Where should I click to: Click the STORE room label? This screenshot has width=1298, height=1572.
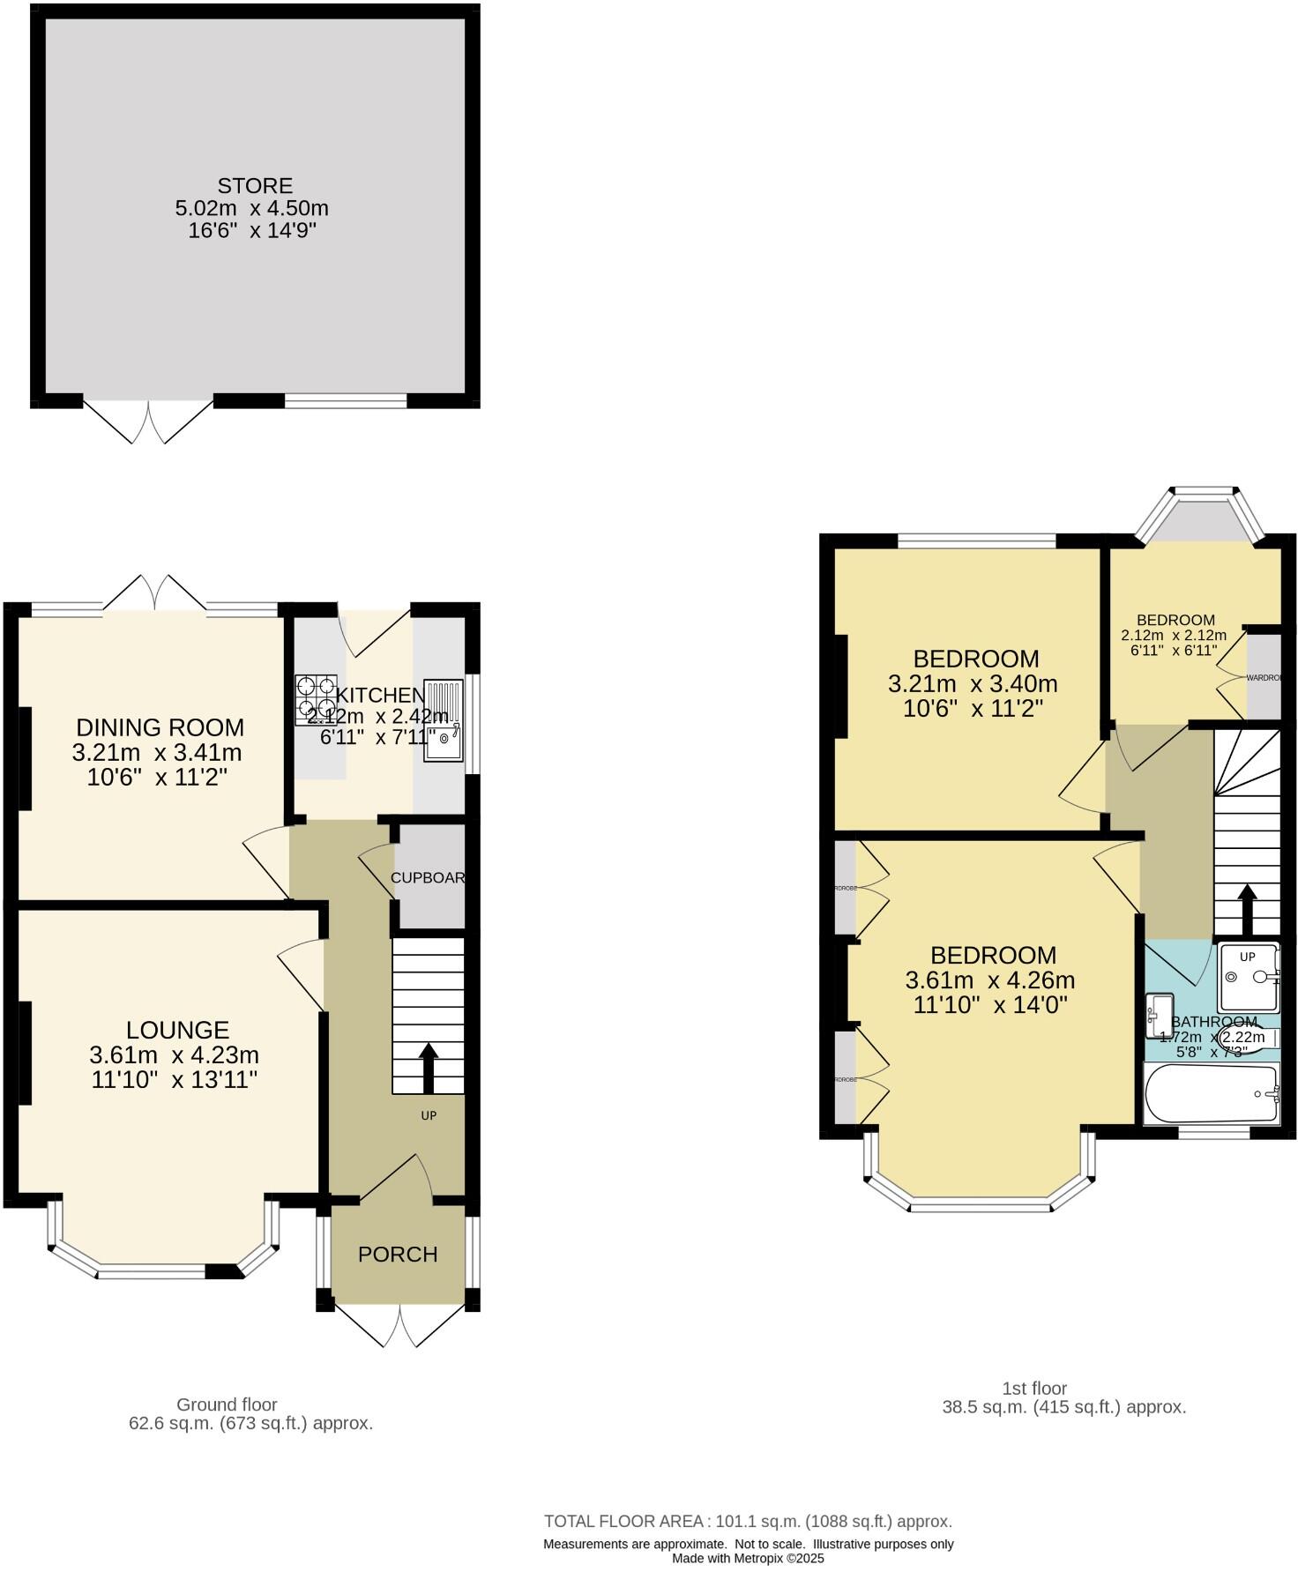[x=254, y=186]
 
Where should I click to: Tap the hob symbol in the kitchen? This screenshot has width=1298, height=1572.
[x=316, y=699]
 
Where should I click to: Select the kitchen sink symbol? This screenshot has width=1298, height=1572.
[x=444, y=719]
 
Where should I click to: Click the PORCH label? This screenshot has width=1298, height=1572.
[x=398, y=1254]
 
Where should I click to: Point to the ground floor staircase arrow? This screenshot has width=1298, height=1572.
[x=429, y=1068]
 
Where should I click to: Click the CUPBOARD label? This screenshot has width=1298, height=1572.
[x=428, y=878]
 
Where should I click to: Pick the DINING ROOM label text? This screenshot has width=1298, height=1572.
[x=160, y=727]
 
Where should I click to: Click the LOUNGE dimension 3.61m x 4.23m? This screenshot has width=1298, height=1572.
[x=174, y=1054]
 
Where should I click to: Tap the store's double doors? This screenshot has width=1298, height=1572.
[x=148, y=422]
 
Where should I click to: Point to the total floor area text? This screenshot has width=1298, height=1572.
[x=748, y=1521]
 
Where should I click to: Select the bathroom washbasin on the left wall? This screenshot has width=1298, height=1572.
[x=1158, y=1016]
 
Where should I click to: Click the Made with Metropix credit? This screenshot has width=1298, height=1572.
[x=748, y=1558]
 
